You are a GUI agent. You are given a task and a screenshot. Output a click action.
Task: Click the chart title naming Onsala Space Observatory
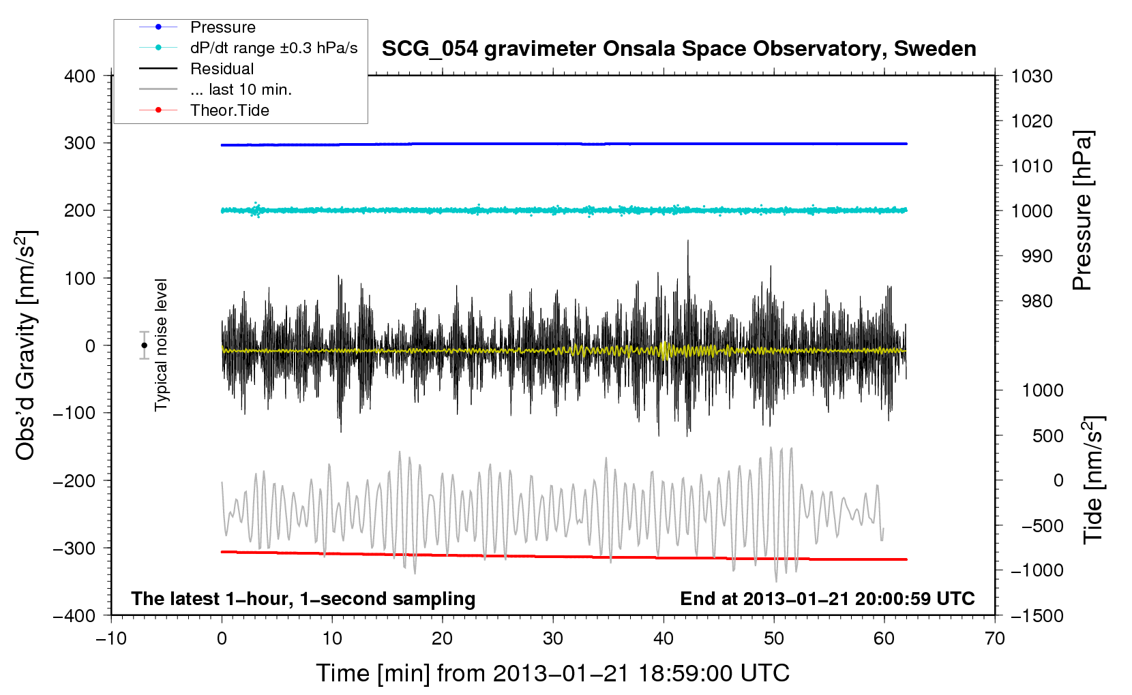(x=679, y=49)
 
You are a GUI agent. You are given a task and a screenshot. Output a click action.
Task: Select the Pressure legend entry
(x=222, y=27)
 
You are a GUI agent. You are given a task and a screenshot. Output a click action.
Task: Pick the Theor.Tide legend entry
(x=229, y=110)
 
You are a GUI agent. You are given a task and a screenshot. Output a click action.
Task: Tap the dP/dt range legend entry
(x=273, y=48)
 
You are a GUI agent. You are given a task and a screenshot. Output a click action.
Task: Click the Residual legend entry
(x=222, y=69)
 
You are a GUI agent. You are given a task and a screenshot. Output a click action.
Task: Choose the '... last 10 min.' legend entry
(x=240, y=89)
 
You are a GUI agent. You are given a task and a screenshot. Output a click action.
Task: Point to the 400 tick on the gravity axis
(x=80, y=76)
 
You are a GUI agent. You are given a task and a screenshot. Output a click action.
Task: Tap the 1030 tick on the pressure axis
(x=1032, y=76)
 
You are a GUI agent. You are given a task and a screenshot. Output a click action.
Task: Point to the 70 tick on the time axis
(x=994, y=638)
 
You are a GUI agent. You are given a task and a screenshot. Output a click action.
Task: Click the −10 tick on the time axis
(x=111, y=638)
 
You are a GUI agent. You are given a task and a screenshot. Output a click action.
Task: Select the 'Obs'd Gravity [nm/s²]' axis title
(x=26, y=345)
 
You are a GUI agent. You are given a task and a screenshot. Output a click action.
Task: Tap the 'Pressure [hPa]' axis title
(x=1082, y=211)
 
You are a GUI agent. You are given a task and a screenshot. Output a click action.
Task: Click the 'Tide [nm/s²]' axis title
(x=1094, y=480)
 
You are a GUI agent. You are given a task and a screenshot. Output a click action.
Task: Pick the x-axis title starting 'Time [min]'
(x=552, y=673)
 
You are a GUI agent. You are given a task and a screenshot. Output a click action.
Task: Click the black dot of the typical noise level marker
(x=145, y=345)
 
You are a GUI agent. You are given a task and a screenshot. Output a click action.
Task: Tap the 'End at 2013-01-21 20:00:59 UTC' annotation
(x=827, y=599)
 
